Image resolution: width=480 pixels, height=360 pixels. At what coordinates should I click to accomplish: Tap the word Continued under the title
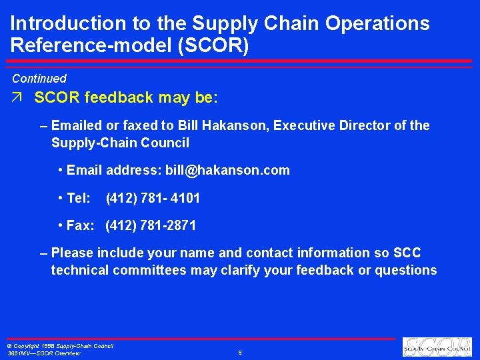pyautogui.click(x=39, y=79)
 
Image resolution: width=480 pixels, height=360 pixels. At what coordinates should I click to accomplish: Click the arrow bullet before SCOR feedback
pyautogui.click(x=17, y=98)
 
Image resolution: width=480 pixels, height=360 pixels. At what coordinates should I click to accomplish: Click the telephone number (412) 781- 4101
pyautogui.click(x=153, y=198)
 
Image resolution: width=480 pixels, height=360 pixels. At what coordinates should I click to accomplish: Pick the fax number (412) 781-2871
pyautogui.click(x=151, y=225)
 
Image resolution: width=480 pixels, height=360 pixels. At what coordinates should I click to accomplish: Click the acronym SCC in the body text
pyautogui.click(x=407, y=253)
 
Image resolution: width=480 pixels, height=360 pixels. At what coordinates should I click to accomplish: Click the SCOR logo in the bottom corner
pyautogui.click(x=437, y=347)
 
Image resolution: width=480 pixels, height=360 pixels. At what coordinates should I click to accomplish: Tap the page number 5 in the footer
pyautogui.click(x=239, y=352)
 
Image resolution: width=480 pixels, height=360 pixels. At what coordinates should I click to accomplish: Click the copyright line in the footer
pyautogui.click(x=60, y=346)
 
